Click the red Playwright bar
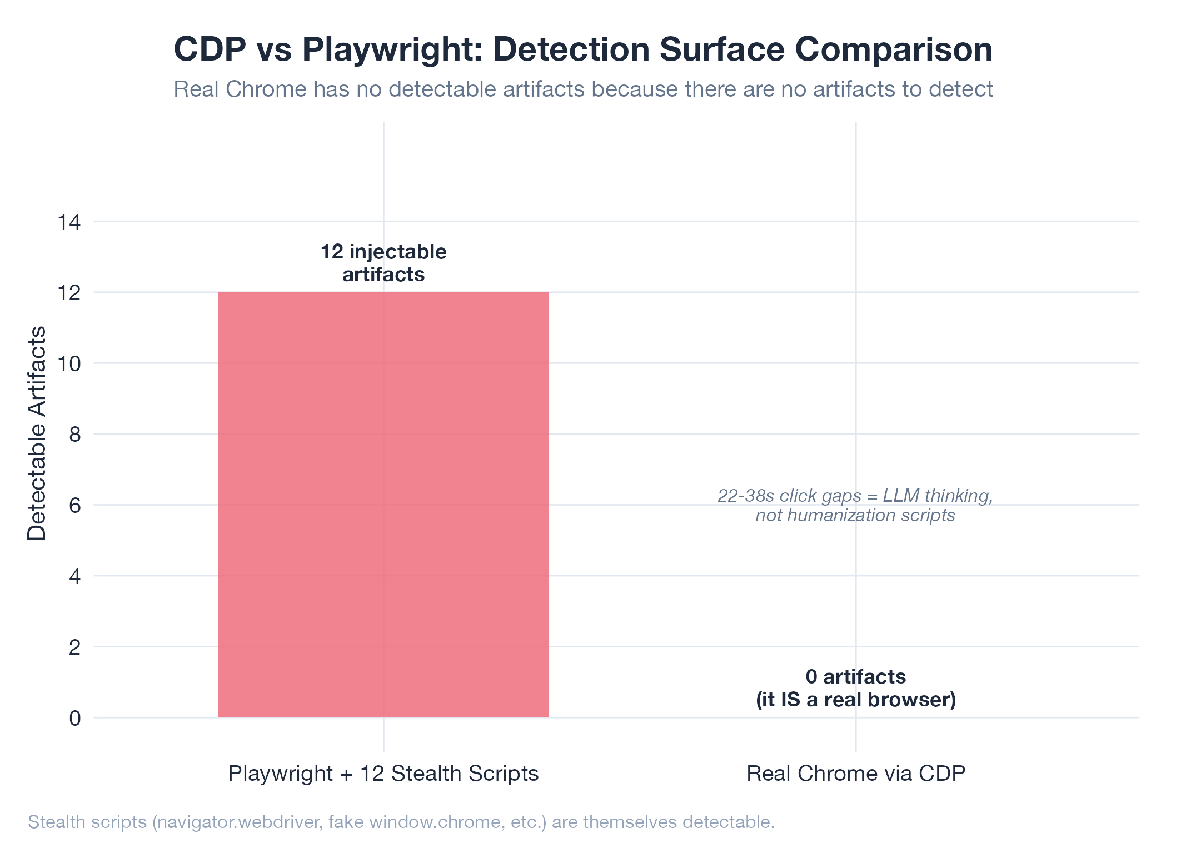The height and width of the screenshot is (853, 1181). (383, 505)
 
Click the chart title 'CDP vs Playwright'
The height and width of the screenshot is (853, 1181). (582, 49)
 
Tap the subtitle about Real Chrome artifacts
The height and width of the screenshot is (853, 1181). (582, 89)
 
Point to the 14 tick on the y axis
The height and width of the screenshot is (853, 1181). (69, 222)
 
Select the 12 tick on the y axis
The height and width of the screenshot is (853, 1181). (69, 293)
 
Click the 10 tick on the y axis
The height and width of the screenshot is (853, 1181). (69, 364)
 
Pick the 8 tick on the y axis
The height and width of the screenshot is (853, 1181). (74, 435)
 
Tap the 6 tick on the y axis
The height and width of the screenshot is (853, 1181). (74, 506)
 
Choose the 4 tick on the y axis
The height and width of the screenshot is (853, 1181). (74, 576)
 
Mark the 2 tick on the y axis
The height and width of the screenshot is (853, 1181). (74, 647)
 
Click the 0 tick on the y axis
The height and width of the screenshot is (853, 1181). (74, 719)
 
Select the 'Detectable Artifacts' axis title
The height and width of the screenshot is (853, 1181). (37, 433)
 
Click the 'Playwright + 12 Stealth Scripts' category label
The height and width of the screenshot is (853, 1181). (383, 774)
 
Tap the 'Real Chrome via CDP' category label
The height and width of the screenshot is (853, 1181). (856, 774)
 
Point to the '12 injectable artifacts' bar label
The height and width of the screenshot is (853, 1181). (383, 263)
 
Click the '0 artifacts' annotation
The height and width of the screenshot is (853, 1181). (856, 677)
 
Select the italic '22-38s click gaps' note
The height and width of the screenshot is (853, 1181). (855, 505)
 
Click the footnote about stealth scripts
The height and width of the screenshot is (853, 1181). (401, 822)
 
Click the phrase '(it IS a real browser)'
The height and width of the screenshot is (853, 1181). (856, 700)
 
